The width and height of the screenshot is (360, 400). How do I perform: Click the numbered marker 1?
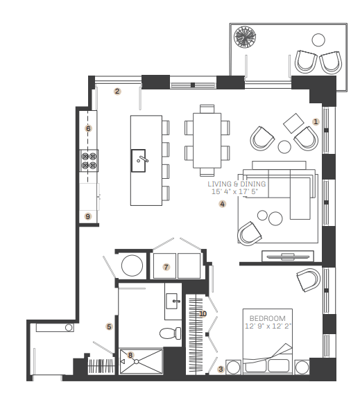pos(316,122)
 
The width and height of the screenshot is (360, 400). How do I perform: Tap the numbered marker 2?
pos(117,92)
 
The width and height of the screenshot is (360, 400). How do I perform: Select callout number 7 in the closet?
pos(166,267)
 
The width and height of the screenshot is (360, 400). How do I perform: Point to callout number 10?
pos(203,314)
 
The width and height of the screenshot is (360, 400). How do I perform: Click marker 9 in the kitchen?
pos(88,216)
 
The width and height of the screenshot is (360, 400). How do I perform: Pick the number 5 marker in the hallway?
pos(110,327)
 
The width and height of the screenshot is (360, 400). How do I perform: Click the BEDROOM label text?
pos(267,318)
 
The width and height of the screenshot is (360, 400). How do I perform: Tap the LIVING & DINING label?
pos(237,184)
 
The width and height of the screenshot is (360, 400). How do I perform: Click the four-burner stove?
pos(89,161)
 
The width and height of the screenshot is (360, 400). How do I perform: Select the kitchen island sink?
pos(139,161)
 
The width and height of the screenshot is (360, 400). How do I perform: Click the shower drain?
pos(137,361)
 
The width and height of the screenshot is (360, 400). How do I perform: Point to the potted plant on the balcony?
pos(245,37)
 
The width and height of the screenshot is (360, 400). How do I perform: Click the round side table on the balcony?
pos(318,40)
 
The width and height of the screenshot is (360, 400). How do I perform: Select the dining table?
pos(207,141)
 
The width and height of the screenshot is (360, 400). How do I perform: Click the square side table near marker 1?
pos(293,123)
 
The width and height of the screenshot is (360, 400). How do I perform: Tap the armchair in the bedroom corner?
pos(309,280)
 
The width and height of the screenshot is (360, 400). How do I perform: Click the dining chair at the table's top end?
pos(207,109)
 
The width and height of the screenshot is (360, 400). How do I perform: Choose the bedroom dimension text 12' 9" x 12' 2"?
pos(268,326)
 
